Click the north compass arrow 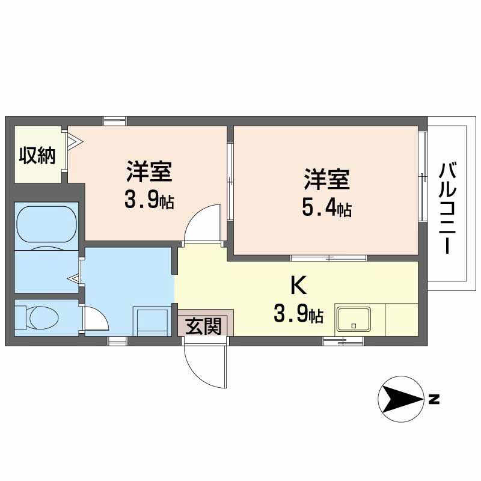click(x=401, y=398)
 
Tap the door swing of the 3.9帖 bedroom click(x=201, y=222)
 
